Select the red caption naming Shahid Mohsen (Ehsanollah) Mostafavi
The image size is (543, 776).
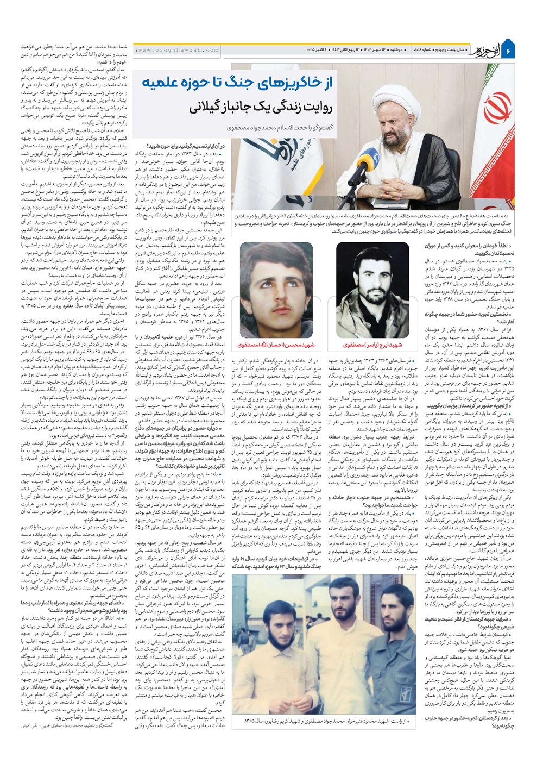click(269, 345)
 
